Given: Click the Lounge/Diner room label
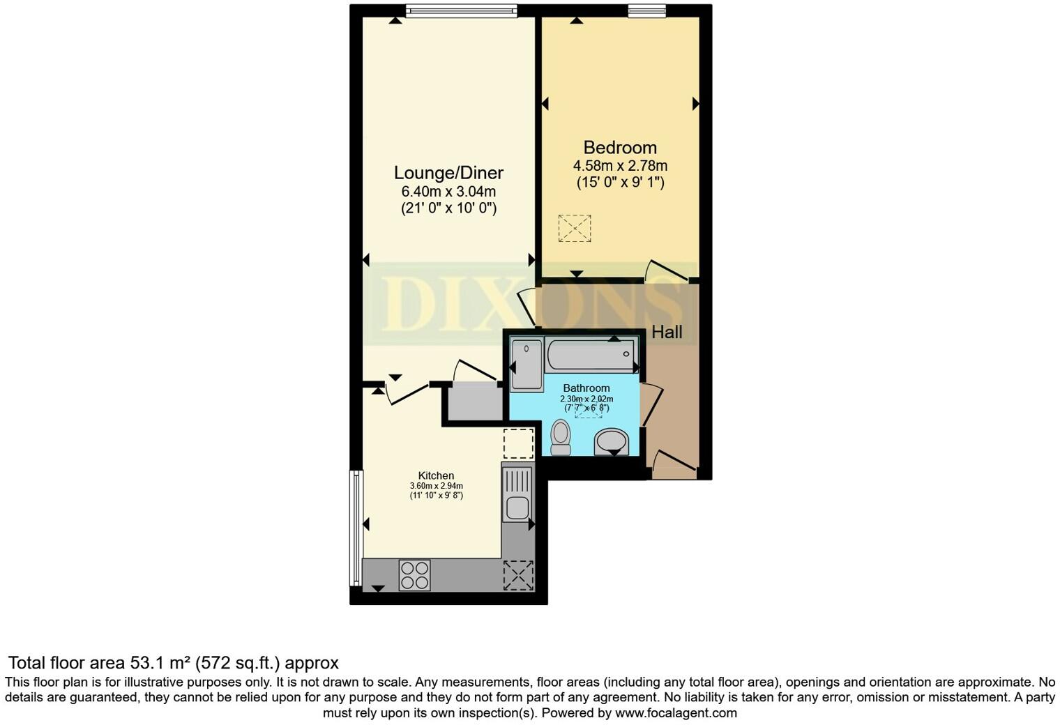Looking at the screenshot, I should (x=448, y=173).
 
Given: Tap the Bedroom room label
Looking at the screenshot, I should (x=620, y=148).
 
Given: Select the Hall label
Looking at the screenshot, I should (x=667, y=333).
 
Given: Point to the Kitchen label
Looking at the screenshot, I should (x=436, y=475).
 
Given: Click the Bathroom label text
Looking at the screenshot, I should (x=586, y=388).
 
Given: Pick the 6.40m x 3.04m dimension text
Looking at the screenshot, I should (x=448, y=192).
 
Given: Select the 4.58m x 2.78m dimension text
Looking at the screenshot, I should (x=620, y=166).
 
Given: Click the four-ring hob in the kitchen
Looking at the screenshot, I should (x=414, y=575).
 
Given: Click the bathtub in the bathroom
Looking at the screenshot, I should (x=591, y=355).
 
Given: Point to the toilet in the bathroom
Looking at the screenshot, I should (x=560, y=437).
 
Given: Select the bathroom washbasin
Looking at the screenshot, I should (x=612, y=442).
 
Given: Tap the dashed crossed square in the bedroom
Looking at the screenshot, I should (x=575, y=228).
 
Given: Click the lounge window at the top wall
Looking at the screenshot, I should (x=462, y=10).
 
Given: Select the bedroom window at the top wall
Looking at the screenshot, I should (x=646, y=10).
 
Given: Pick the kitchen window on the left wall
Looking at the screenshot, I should (x=356, y=528).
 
